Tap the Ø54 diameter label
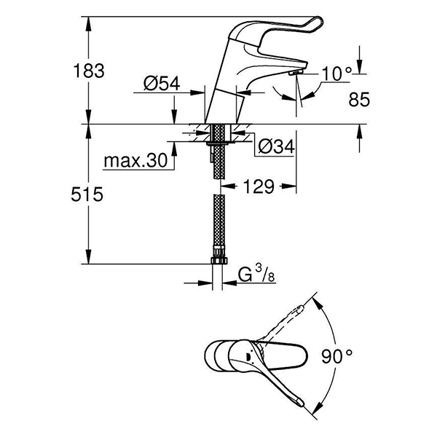pyautogui.click(x=162, y=85)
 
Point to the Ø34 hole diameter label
pyautogui.click(x=275, y=147)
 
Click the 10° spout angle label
pyautogui.click(x=337, y=73)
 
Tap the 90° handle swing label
pyautogui.click(x=336, y=356)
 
